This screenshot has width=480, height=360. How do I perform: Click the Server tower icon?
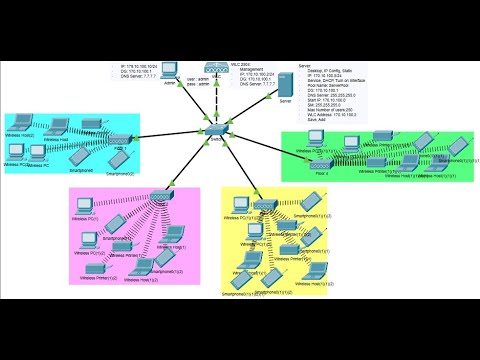[286, 87]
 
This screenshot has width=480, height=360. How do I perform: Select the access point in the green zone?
[320, 163]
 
